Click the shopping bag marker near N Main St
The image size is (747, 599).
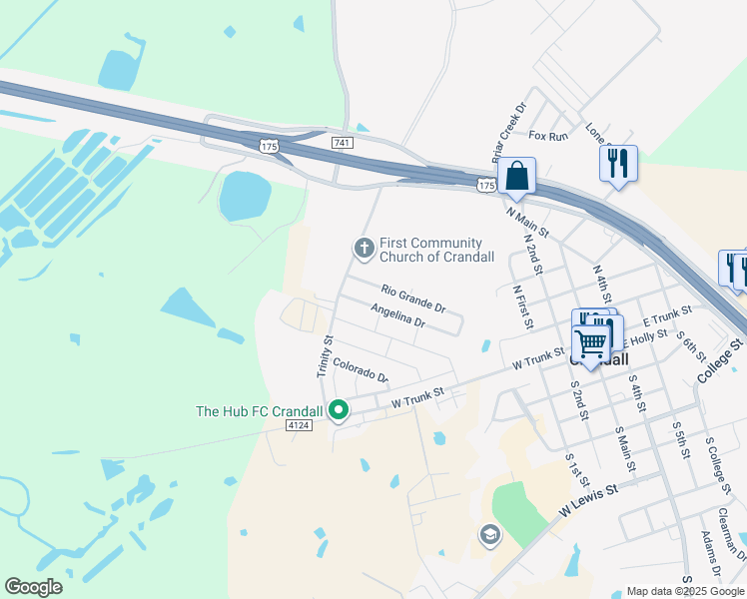[517, 177]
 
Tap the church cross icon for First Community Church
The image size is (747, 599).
[365, 247]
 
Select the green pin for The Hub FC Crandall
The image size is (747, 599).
[339, 409]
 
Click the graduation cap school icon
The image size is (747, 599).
[488, 535]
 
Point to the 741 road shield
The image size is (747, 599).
[343, 144]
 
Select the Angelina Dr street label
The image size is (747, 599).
[397, 316]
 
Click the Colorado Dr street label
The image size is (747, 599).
[360, 370]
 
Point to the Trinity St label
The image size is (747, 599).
[324, 355]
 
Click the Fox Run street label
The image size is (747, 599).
[548, 135]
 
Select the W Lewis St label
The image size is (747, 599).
[589, 498]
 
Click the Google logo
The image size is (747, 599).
[34, 586]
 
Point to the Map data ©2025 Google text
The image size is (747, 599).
[684, 591]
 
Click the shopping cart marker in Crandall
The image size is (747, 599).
[591, 342]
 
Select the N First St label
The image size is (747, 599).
[520, 306]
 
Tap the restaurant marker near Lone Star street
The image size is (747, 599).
[618, 162]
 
